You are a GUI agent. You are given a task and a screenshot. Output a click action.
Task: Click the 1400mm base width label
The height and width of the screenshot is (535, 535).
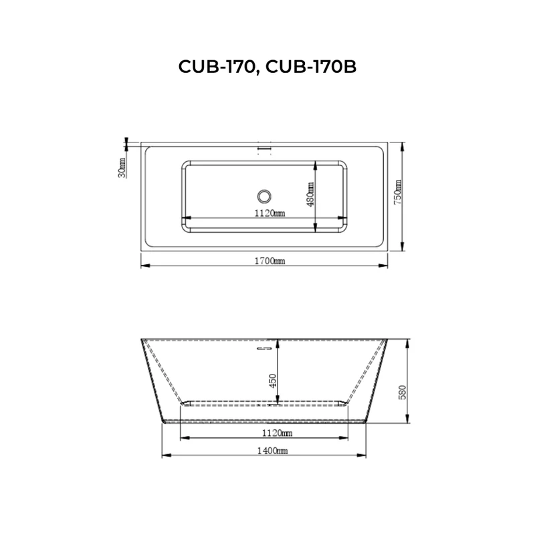pos(265,451)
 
